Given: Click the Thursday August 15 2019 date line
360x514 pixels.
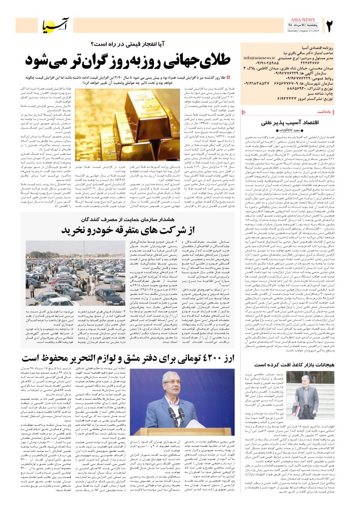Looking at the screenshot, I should pos(303,31).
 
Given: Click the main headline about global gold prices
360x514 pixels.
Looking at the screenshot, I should pos(128,60).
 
